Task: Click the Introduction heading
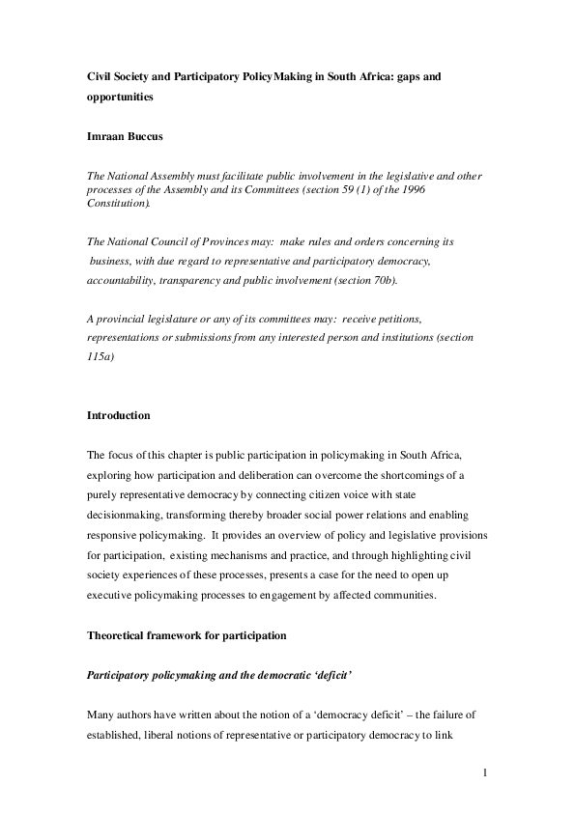point(120,415)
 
